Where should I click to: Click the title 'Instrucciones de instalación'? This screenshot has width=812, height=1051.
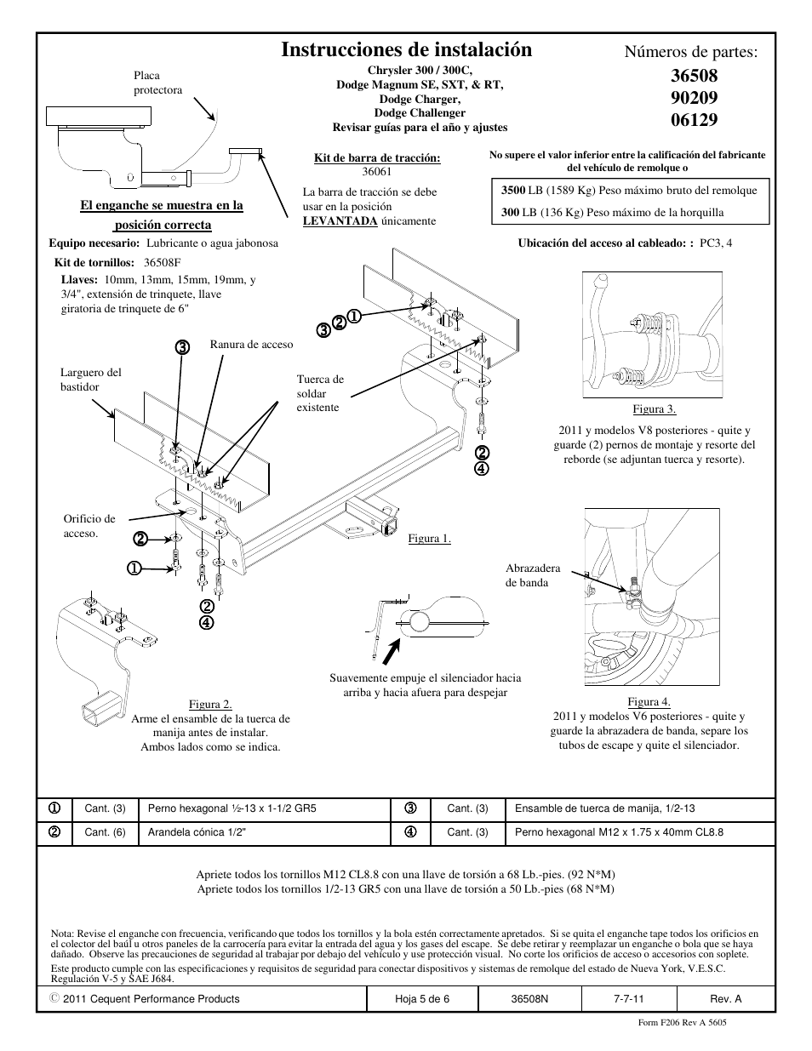pyautogui.click(x=406, y=49)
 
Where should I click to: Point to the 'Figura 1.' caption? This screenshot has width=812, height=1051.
pyautogui.click(x=429, y=538)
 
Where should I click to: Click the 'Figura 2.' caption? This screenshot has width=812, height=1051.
pyautogui.click(x=210, y=704)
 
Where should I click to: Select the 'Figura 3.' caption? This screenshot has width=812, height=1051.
pyautogui.click(x=654, y=409)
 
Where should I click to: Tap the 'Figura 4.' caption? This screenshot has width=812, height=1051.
pyautogui.click(x=649, y=701)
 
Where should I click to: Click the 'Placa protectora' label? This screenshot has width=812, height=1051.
pyautogui.click(x=157, y=83)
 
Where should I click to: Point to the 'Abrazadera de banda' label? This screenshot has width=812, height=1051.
pyautogui.click(x=533, y=575)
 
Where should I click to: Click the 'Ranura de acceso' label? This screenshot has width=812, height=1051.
pyautogui.click(x=251, y=345)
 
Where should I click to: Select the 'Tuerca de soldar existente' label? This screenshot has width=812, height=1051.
pyautogui.click(x=320, y=393)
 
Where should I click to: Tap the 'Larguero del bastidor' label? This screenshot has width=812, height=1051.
pyautogui.click(x=91, y=380)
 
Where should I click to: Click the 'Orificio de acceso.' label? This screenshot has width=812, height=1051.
pyautogui.click(x=89, y=526)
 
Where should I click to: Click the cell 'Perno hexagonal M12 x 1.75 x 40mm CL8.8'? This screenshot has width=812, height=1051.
pyautogui.click(x=619, y=832)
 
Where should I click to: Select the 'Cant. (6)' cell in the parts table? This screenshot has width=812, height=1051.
pyautogui.click(x=105, y=832)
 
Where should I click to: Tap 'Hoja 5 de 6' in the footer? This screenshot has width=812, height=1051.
pyautogui.click(x=422, y=998)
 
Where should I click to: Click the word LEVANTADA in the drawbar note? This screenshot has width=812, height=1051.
pyautogui.click(x=340, y=221)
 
